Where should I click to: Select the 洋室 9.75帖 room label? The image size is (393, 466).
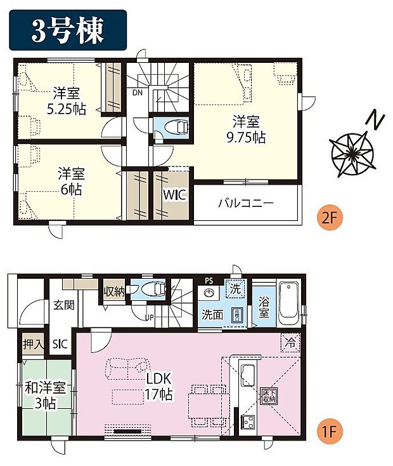248,128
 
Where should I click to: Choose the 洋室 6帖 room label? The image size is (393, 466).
70,180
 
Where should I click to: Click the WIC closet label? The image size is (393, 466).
175,195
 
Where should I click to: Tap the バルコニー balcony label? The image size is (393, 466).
245,204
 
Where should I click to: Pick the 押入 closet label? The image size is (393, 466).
33,345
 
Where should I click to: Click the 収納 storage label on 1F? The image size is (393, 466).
115,291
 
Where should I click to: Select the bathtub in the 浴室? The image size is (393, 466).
290,300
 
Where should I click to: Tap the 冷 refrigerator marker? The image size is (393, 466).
290,341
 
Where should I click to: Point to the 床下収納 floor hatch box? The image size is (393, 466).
269,397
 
